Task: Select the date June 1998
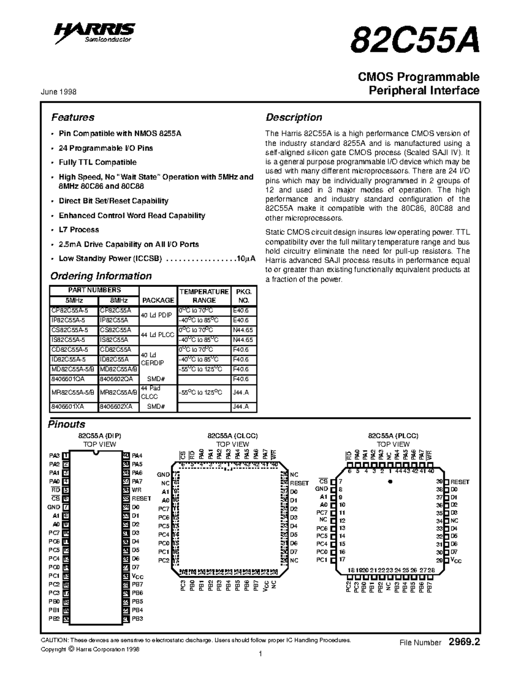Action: [x=59, y=92]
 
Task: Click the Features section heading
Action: [x=73, y=117]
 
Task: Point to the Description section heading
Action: [x=293, y=117]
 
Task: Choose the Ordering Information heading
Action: [x=101, y=276]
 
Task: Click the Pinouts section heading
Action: [x=66, y=424]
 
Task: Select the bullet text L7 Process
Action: [x=79, y=230]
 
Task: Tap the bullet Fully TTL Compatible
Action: [x=97, y=162]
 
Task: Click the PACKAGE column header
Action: [x=158, y=300]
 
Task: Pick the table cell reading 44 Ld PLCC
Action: [x=158, y=335]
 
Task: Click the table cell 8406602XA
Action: [x=115, y=407]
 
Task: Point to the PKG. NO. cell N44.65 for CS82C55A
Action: [x=243, y=330]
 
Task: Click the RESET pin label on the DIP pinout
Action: [x=141, y=499]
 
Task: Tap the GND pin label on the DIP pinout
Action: [x=54, y=507]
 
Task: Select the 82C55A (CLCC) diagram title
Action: [x=232, y=436]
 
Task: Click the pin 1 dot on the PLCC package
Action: [x=390, y=481]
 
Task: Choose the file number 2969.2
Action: [x=464, y=642]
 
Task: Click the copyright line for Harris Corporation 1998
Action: [x=90, y=650]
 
